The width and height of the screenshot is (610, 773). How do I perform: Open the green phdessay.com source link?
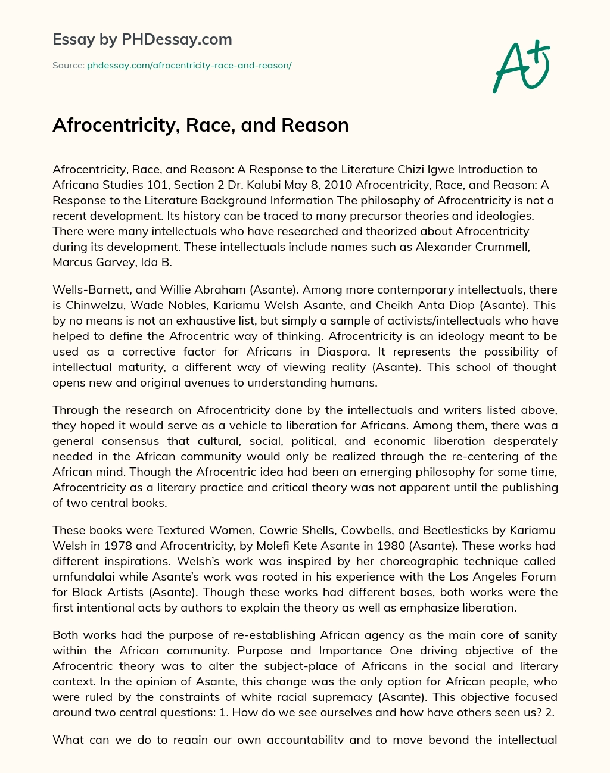pyautogui.click(x=189, y=66)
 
